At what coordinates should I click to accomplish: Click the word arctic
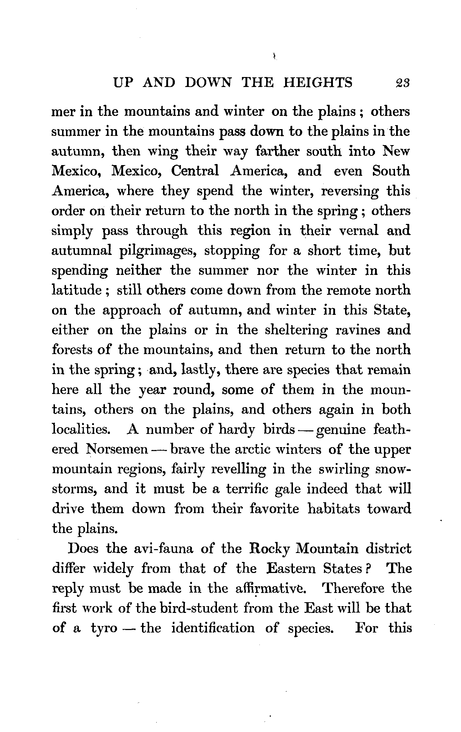coord(247,449)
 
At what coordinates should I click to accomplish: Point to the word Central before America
coord(195,171)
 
